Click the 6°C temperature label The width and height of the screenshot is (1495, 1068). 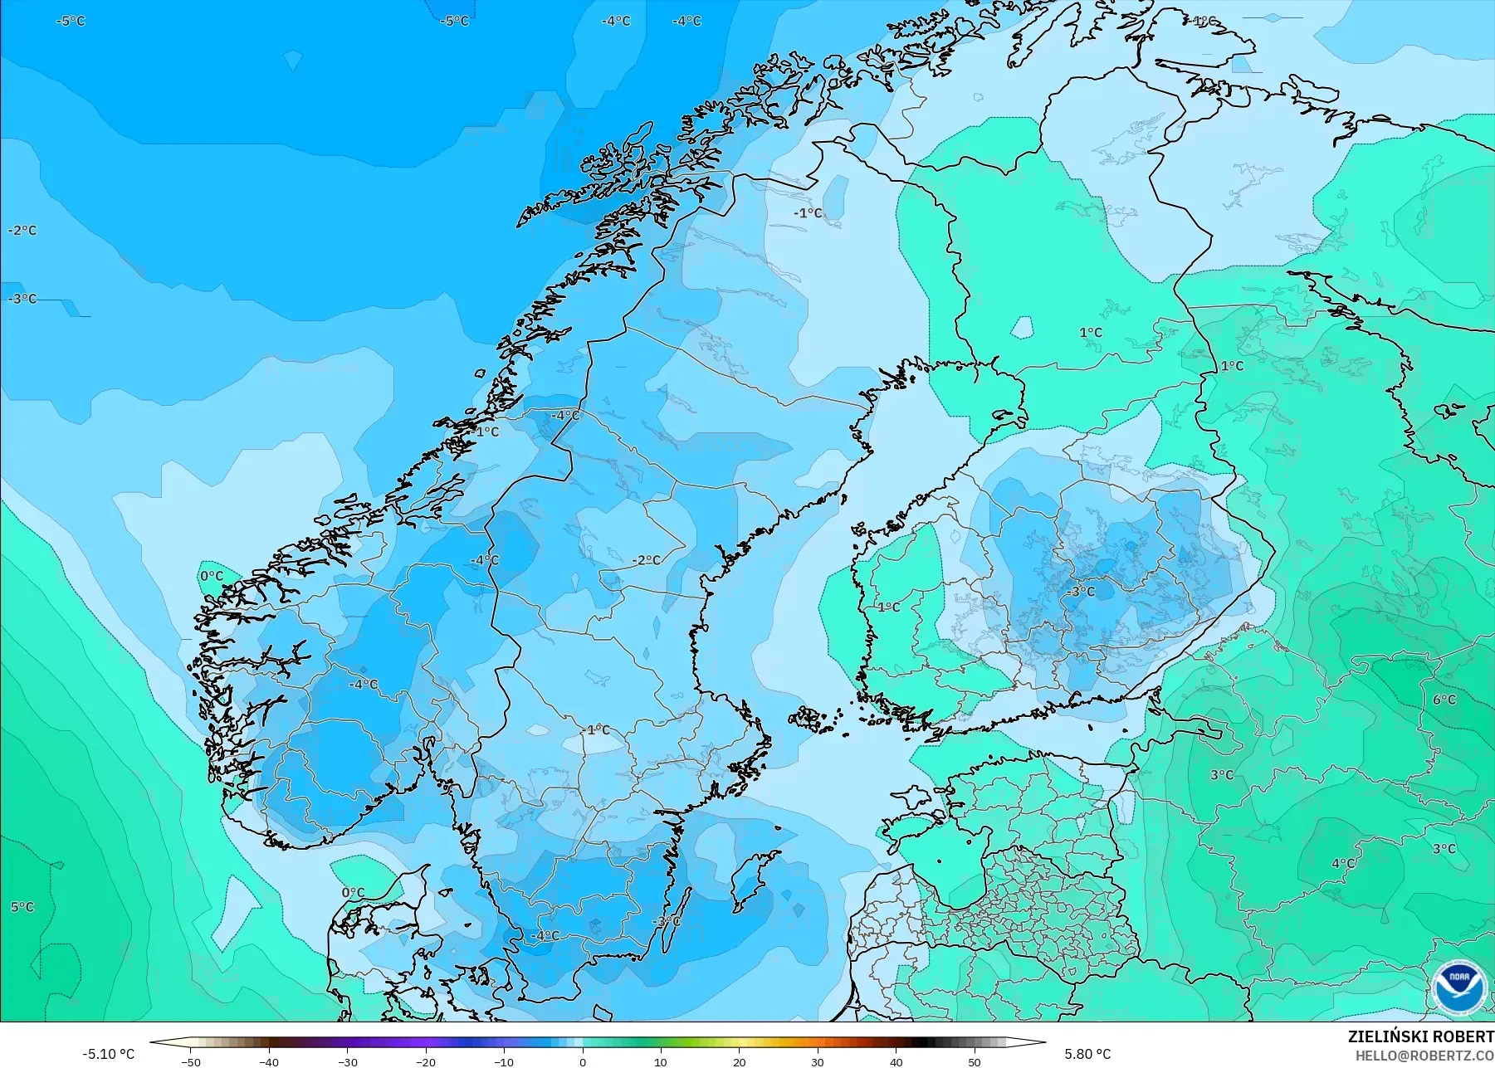tap(1444, 700)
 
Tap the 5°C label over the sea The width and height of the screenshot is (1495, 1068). tap(22, 907)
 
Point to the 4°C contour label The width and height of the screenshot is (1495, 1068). tap(1343, 863)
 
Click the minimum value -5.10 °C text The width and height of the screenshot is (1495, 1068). tap(108, 1054)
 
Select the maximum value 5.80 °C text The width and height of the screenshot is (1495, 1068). tap(1087, 1054)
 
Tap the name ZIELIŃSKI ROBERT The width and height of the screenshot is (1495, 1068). tap(1420, 1037)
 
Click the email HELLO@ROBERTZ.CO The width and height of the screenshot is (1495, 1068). tap(1425, 1056)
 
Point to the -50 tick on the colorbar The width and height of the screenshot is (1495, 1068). tap(191, 1061)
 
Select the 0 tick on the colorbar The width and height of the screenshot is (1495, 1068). tap(583, 1061)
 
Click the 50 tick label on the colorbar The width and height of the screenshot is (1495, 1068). tap(975, 1061)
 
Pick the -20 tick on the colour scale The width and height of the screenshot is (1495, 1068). tap(426, 1061)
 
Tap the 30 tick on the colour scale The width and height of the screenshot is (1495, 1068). tap(818, 1061)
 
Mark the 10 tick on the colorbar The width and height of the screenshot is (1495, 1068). tap(661, 1061)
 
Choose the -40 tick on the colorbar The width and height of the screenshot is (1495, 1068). tap(269, 1061)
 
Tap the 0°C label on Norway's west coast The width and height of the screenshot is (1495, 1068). tap(211, 576)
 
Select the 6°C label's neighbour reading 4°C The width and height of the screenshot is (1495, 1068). tap(1343, 863)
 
